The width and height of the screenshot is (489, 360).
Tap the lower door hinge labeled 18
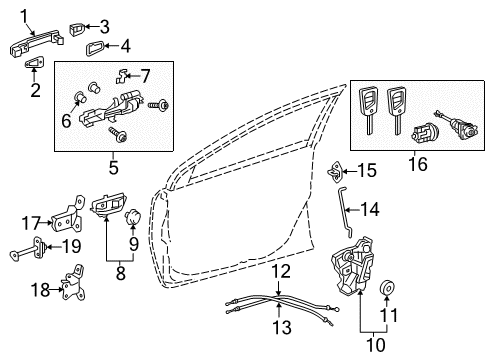point(72,288)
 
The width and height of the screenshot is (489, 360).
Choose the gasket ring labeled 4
point(98,46)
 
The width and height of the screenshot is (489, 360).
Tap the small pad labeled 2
point(34,64)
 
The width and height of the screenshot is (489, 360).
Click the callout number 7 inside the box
point(144,74)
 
